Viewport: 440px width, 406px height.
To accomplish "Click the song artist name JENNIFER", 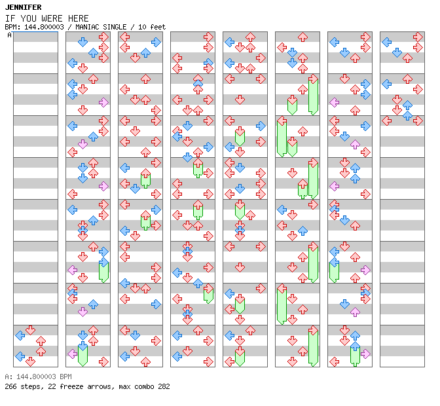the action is point(24,7).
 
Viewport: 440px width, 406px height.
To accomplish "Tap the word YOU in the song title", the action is point(28,18).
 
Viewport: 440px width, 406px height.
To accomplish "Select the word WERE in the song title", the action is point(52,18).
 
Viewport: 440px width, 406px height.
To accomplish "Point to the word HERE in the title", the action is point(79,18).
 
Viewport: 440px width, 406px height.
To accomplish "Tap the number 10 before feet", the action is point(142,27).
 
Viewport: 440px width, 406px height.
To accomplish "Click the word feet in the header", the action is point(158,27).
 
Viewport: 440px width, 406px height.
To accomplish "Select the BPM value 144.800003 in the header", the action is point(44,27).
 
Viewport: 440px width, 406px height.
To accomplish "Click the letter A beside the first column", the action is point(9,35).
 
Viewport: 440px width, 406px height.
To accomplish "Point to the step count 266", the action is point(10,386).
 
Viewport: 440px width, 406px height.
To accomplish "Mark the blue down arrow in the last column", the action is point(397,52).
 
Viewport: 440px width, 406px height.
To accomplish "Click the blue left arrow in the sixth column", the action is point(282,210).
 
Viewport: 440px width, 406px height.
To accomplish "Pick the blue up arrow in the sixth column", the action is point(302,231).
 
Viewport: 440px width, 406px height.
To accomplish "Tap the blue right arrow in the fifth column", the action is point(261,126).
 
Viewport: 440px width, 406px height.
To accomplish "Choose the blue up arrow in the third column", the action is point(145,52).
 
